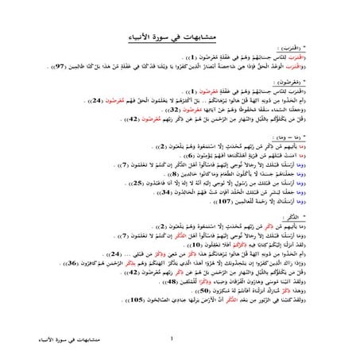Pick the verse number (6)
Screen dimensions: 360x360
coord(208,155)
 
